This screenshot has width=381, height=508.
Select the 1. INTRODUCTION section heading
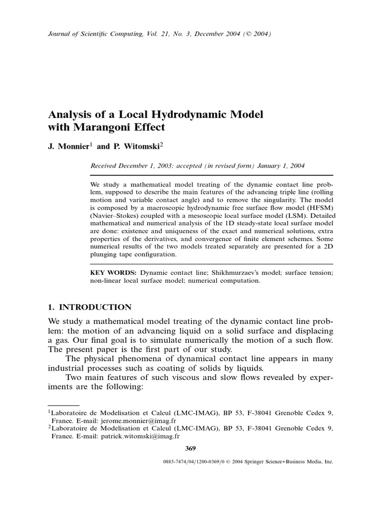tap(89, 307)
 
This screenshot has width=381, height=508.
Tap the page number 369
tap(190, 448)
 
